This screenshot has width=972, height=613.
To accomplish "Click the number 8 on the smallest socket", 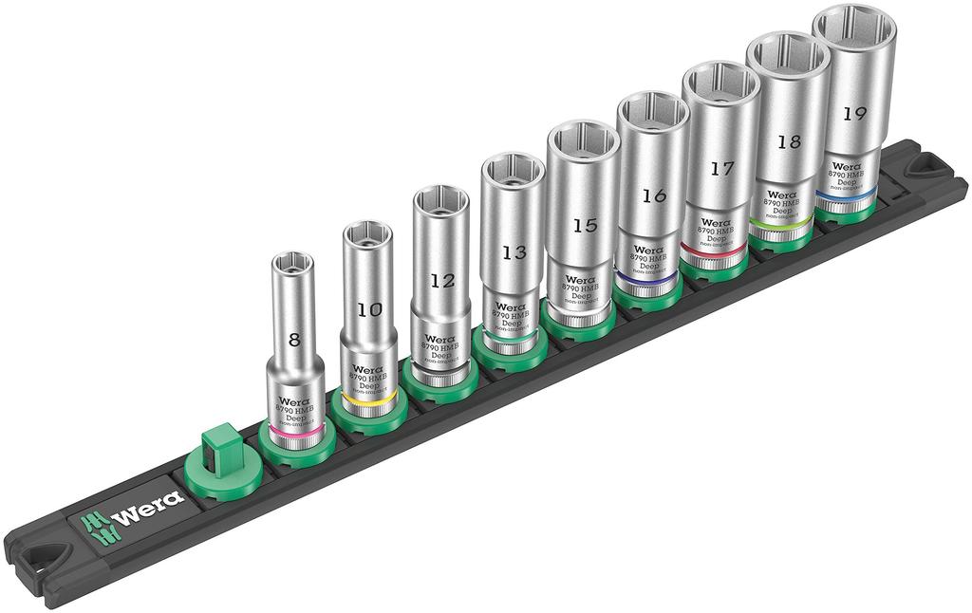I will point(294,339).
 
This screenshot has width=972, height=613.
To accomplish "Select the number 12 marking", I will point(440,281).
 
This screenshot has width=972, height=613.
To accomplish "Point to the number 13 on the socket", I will point(514,252).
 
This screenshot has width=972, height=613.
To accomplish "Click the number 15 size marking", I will point(584,225).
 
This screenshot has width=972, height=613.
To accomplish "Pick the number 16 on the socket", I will point(653,195).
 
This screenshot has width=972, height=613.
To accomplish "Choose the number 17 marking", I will point(721,168).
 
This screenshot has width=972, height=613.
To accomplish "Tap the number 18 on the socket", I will point(788,141).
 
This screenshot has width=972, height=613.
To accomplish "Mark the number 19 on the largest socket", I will point(853,113).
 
